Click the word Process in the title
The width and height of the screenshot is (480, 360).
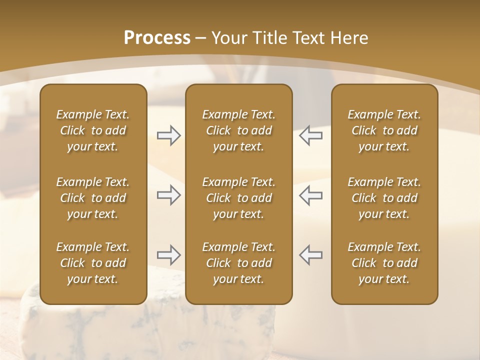click(x=157, y=38)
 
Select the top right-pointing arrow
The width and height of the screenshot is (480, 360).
click(x=169, y=135)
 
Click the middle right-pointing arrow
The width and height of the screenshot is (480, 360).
click(x=169, y=195)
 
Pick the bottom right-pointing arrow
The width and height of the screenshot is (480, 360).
click(x=169, y=255)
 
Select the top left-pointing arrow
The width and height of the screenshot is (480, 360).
click(x=311, y=135)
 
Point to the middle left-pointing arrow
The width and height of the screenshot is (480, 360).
click(x=311, y=195)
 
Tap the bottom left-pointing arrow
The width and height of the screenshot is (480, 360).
click(x=311, y=255)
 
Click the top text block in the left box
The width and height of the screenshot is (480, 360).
click(x=93, y=130)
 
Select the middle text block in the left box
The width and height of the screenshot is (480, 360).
click(x=93, y=198)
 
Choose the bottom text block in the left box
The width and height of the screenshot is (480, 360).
click(x=93, y=263)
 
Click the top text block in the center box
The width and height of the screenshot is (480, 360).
click(x=239, y=130)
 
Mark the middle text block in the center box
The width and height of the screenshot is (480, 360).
click(x=239, y=198)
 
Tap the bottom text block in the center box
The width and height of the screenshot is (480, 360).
click(x=239, y=263)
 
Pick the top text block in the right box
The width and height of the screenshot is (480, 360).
click(x=384, y=130)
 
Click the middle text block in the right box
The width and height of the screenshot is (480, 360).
click(x=384, y=198)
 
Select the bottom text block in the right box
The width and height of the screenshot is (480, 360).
click(x=384, y=263)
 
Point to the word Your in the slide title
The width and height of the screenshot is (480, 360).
click(x=228, y=38)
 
